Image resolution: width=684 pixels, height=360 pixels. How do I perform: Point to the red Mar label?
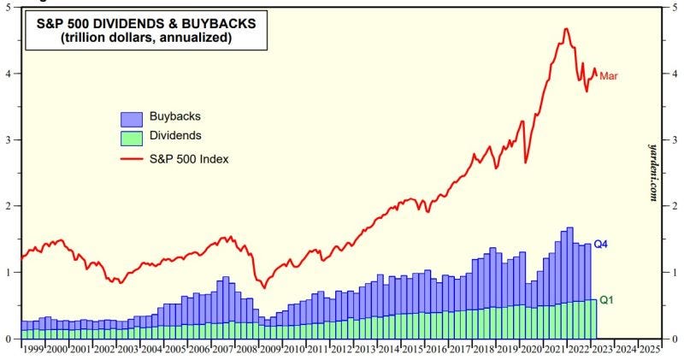coord(609,76)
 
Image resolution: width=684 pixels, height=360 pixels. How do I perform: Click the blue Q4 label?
coord(600,245)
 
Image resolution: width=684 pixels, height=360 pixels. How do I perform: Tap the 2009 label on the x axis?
coord(269,350)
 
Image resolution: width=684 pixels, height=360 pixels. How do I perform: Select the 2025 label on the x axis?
coord(649,350)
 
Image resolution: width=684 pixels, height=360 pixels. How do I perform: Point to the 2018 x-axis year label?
coord(483,350)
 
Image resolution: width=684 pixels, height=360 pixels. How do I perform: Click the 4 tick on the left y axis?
coord(8,74)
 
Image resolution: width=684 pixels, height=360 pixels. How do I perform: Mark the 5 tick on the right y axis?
coord(675,8)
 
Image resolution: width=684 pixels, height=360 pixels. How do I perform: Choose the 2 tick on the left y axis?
coord(8,206)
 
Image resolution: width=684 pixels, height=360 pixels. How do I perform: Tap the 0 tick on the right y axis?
coord(675,339)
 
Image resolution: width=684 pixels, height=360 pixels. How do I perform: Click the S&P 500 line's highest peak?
coord(566,29)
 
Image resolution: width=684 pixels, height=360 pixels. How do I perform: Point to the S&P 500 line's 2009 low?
coord(262,288)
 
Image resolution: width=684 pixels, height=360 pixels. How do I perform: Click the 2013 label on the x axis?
coord(365,350)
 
